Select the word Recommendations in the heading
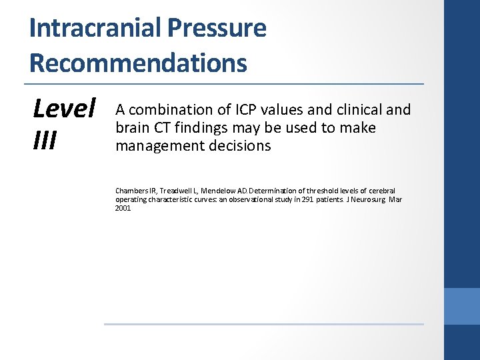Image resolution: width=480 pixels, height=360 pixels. click(138, 63)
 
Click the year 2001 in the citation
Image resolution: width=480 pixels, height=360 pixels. click(123, 208)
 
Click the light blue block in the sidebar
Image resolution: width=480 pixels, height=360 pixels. click(462, 306)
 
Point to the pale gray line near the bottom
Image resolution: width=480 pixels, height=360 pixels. click(263, 325)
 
